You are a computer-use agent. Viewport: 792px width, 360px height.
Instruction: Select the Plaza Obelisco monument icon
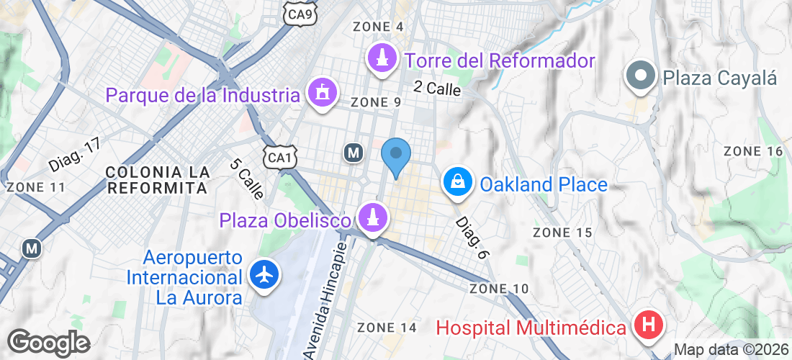[372, 217]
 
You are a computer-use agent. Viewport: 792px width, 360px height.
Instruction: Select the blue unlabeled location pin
[395, 155]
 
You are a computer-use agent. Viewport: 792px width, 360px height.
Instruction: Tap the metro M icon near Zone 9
[353, 153]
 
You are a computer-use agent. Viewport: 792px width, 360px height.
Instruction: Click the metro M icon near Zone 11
[31, 248]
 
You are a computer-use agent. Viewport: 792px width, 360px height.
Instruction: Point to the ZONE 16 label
[752, 151]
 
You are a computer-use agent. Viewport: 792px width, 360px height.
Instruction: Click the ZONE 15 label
[562, 233]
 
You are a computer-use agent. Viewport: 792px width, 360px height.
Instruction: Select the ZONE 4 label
[378, 27]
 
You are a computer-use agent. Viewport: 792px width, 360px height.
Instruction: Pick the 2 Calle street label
[436, 88]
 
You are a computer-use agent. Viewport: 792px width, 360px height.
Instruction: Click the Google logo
[48, 342]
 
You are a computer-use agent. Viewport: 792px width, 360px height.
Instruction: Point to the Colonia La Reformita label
[157, 180]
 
